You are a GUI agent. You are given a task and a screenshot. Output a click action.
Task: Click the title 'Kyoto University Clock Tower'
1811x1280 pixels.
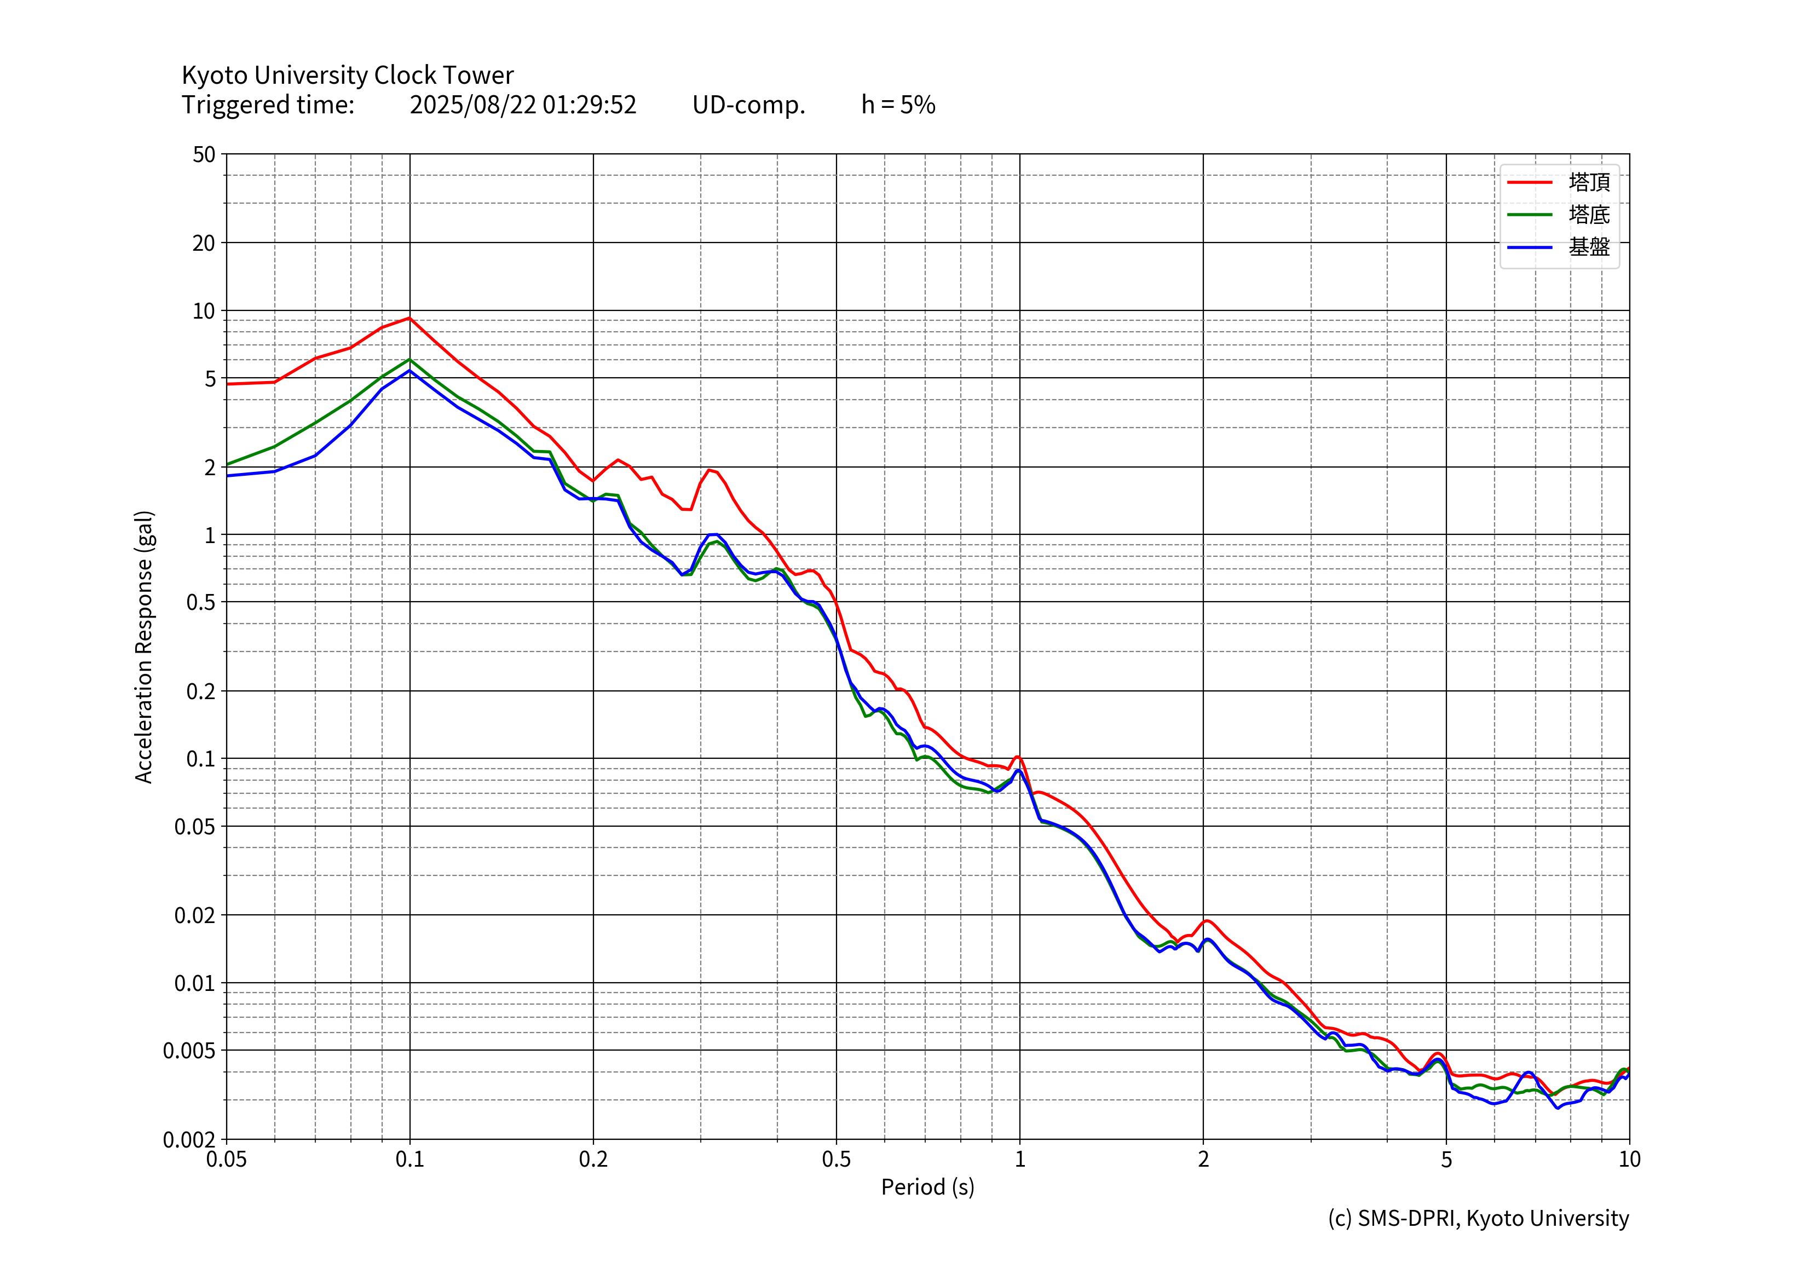(347, 75)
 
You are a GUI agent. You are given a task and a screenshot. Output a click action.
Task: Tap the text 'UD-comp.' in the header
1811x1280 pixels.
(748, 105)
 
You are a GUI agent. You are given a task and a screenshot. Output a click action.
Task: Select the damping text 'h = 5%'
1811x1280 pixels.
(898, 105)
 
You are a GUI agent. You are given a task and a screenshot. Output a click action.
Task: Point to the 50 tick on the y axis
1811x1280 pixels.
(204, 154)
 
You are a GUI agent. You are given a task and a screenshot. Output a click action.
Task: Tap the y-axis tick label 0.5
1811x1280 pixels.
(200, 603)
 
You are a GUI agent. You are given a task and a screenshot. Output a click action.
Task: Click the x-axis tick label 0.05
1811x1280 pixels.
(227, 1160)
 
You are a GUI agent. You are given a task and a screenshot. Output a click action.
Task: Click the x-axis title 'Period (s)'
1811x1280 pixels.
(927, 1187)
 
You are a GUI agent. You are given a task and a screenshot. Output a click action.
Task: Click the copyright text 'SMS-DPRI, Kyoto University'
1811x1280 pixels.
(1492, 1219)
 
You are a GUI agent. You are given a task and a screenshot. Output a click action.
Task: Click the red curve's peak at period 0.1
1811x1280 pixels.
(410, 318)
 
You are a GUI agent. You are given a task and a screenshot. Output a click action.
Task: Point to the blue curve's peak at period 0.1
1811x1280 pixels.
(410, 371)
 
